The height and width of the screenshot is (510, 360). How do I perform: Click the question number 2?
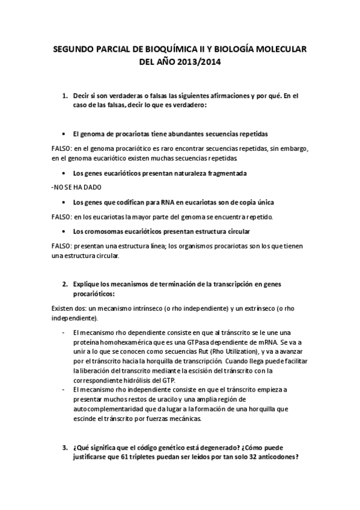point(65,283)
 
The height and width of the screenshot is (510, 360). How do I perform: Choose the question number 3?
point(65,447)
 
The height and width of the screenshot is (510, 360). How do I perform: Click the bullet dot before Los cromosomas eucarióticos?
point(64,231)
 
